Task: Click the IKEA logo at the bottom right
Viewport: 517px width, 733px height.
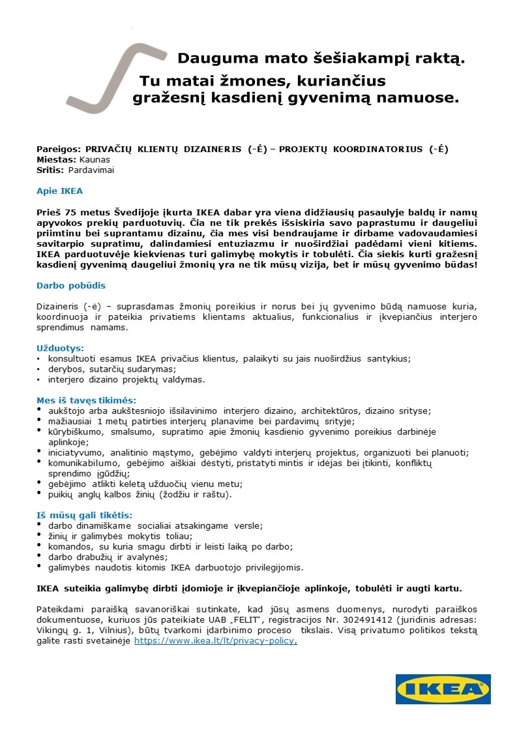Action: [443, 689]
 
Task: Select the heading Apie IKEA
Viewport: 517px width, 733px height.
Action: [59, 192]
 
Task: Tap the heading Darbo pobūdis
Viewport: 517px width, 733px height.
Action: [70, 285]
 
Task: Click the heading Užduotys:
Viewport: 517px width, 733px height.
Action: [60, 349]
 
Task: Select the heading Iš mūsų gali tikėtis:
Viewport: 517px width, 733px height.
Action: [85, 515]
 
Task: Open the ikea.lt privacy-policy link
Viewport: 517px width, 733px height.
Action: [215, 641]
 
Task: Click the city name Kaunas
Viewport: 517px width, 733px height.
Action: [95, 159]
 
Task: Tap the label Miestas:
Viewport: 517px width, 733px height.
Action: [56, 159]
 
